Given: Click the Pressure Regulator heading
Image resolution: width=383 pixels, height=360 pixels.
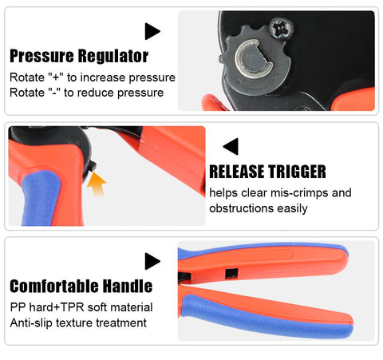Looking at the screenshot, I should tap(78, 56).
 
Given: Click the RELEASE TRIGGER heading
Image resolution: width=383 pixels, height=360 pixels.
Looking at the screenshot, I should tap(268, 172).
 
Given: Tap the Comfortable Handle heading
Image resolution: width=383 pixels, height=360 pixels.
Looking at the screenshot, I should tap(81, 286).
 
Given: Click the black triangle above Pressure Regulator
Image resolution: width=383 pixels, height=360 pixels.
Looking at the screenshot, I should tap(152, 31).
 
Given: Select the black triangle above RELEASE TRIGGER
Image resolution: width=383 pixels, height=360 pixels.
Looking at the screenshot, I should tap(231, 146).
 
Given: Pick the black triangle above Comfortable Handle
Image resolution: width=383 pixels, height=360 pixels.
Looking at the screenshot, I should tap(152, 260).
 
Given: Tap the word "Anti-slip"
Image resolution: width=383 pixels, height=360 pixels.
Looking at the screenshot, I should tap(34, 322).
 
